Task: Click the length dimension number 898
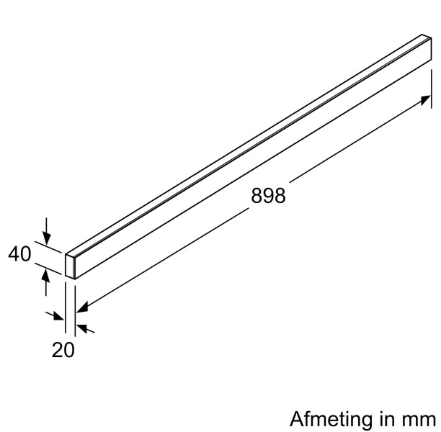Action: click(x=268, y=196)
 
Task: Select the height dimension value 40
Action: click(x=20, y=254)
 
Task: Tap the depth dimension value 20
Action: click(x=63, y=351)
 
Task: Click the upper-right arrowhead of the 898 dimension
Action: click(x=425, y=101)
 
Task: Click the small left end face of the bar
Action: click(x=71, y=264)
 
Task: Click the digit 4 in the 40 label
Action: click(x=14, y=254)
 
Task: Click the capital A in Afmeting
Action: click(x=295, y=419)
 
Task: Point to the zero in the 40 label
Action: click(x=27, y=254)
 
